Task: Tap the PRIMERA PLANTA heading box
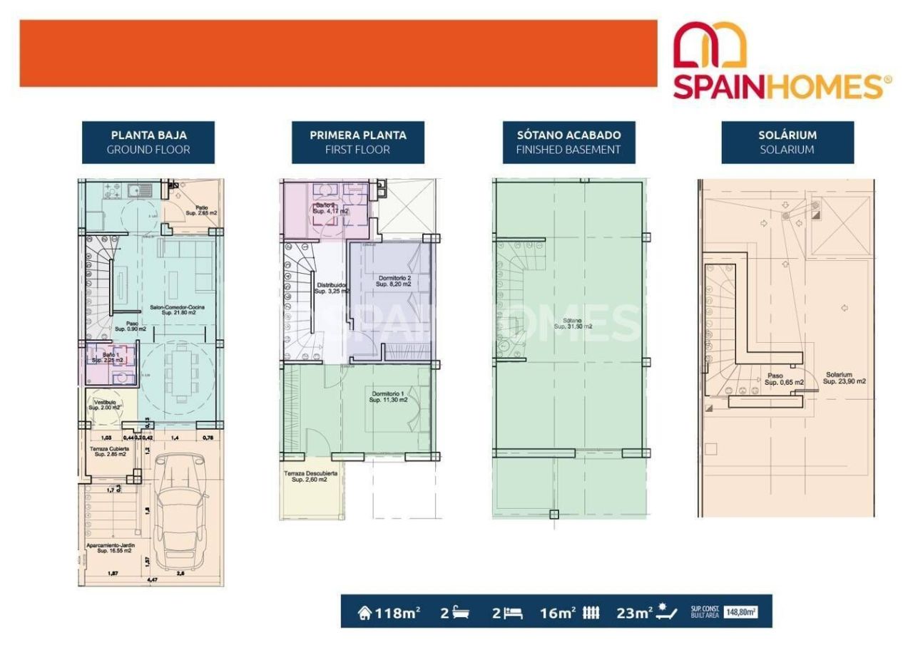[x=357, y=142]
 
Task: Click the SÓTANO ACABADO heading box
[x=568, y=142]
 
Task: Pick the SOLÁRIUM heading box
[x=787, y=142]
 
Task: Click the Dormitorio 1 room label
[x=388, y=397]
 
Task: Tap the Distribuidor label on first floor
[x=332, y=288]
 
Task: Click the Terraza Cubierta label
[x=110, y=451]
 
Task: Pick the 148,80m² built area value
[x=740, y=612]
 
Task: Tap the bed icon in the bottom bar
[x=514, y=612]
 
